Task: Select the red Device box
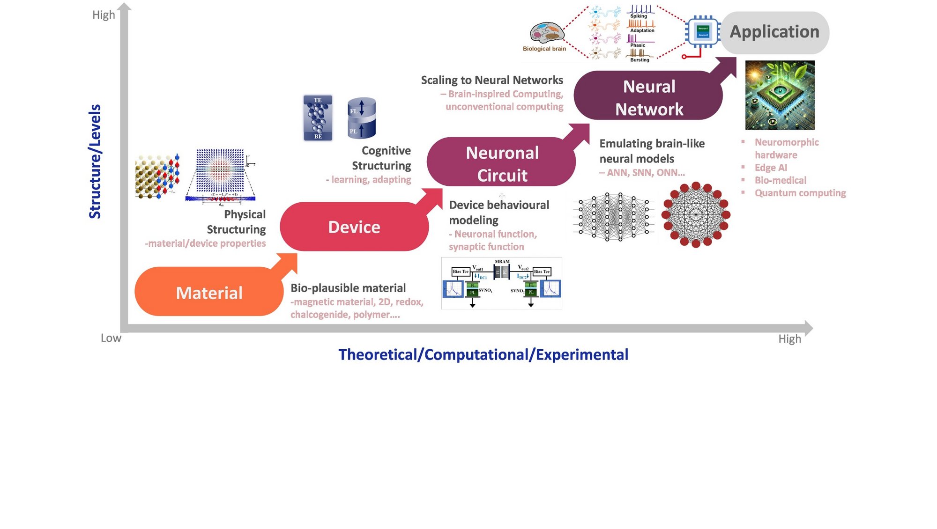click(x=354, y=227)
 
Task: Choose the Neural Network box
click(x=649, y=97)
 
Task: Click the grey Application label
click(x=774, y=32)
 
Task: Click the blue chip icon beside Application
click(x=702, y=32)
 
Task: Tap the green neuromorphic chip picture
click(x=780, y=95)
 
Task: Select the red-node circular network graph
click(x=696, y=215)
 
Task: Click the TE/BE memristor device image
click(x=318, y=118)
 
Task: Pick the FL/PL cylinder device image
click(x=361, y=118)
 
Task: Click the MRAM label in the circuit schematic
click(x=502, y=262)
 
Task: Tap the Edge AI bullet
click(x=771, y=168)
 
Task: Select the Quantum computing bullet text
click(x=800, y=193)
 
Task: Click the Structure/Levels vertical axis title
click(x=95, y=162)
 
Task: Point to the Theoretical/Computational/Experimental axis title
click(x=483, y=355)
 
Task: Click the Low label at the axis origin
click(x=111, y=338)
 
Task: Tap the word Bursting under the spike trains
click(x=640, y=60)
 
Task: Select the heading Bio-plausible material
click(x=348, y=288)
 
